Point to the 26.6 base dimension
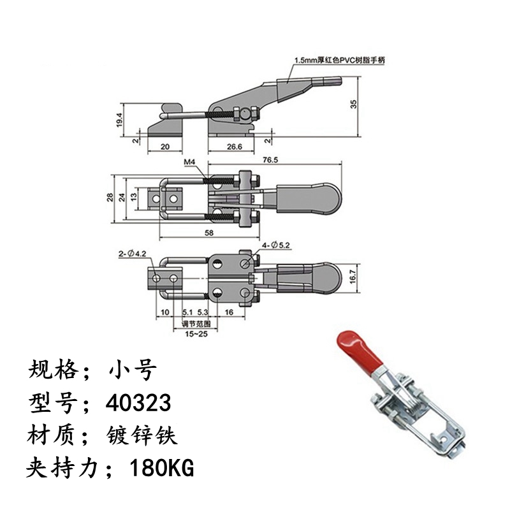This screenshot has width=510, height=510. point(234,146)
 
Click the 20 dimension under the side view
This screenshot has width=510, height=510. point(165,146)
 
